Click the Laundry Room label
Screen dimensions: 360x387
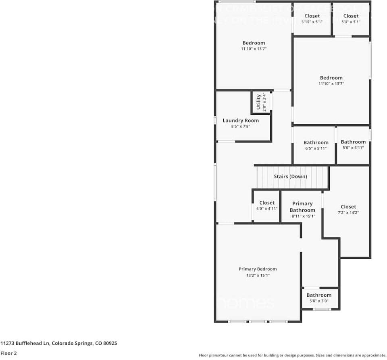coord(241,121)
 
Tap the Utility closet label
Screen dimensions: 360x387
coord(259,102)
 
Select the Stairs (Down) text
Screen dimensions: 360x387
coord(290,177)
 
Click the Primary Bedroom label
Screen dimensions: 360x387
coord(258,269)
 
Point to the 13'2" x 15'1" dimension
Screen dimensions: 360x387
coord(258,276)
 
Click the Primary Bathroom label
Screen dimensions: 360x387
coord(302,207)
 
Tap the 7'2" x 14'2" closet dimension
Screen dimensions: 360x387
coord(348,212)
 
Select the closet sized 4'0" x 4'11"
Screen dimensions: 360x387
coord(267,206)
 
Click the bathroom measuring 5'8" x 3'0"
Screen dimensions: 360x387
coord(319,298)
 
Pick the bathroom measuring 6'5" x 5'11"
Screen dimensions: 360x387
coord(316,145)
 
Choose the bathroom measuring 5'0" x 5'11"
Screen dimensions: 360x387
coord(353,144)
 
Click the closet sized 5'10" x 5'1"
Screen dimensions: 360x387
coord(312,19)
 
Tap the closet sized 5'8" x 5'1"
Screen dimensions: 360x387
coord(351,19)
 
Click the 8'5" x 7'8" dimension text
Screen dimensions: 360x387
coord(241,127)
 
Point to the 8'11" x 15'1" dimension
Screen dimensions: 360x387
coord(303,216)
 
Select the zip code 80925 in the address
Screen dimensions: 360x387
coord(110,343)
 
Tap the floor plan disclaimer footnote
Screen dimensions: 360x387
coord(292,356)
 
